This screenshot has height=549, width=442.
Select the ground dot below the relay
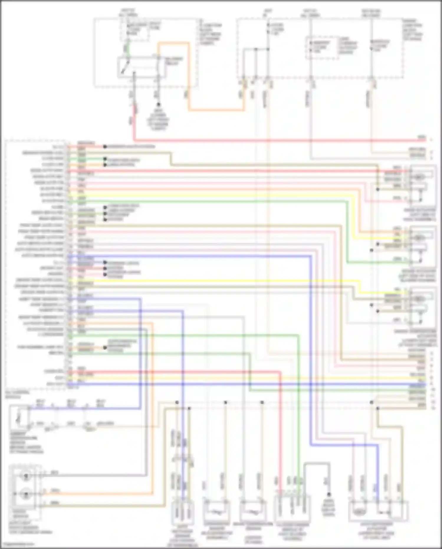pyautogui.click(x=158, y=105)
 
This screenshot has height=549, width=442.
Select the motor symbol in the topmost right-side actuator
pyautogui.click(x=419, y=177)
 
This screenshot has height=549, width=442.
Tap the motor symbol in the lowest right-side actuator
pyautogui.click(x=419, y=299)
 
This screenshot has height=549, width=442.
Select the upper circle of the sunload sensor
pyautogui.click(x=26, y=476)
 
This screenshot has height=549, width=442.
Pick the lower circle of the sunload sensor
pyautogui.click(x=26, y=494)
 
